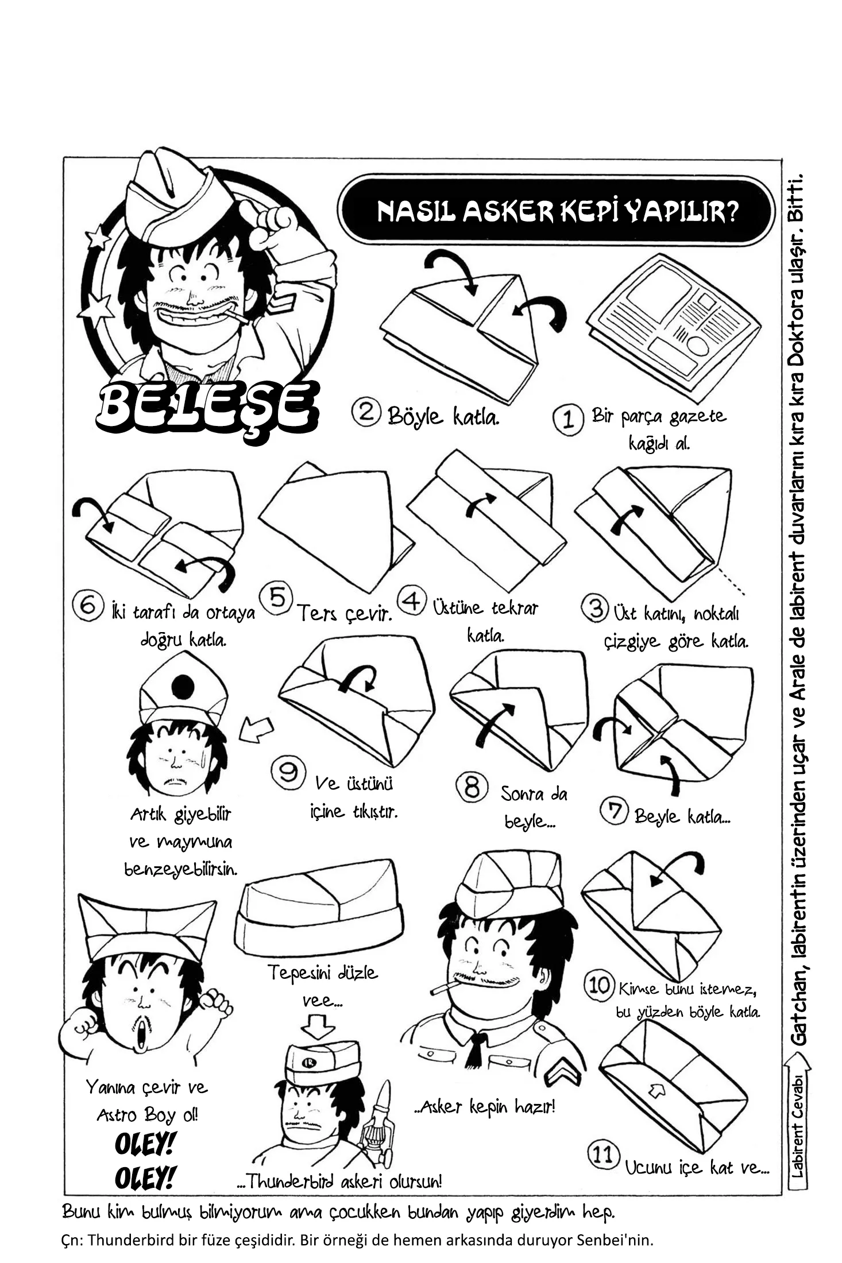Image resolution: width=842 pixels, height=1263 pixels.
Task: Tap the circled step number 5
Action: click(276, 598)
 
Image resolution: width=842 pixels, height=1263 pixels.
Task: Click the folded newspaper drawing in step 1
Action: click(674, 327)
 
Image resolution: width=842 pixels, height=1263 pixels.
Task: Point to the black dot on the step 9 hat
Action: click(183, 684)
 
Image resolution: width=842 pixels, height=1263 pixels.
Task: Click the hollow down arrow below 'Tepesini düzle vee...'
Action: click(318, 1025)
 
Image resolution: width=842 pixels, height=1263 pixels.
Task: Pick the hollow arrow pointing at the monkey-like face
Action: click(256, 730)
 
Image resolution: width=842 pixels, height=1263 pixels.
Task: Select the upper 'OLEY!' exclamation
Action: click(144, 1144)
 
